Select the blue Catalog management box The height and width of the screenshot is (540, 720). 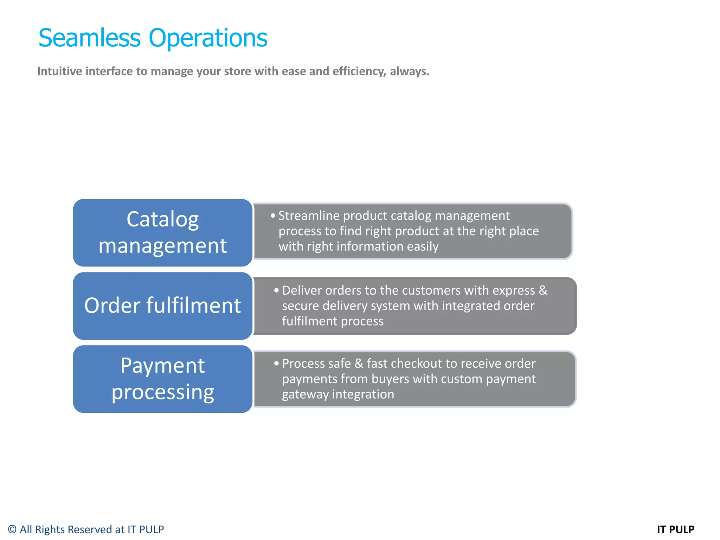pos(162,232)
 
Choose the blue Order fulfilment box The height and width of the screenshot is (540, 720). pos(162,306)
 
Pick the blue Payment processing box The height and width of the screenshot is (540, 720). pos(162,379)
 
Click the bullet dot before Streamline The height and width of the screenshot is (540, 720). pos(273,216)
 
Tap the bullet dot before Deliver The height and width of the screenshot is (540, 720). pos(277,291)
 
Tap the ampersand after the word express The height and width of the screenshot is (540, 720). pos(543,290)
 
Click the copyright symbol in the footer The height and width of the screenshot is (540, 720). pos(12,529)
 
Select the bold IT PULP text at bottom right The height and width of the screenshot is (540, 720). pos(675,529)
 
